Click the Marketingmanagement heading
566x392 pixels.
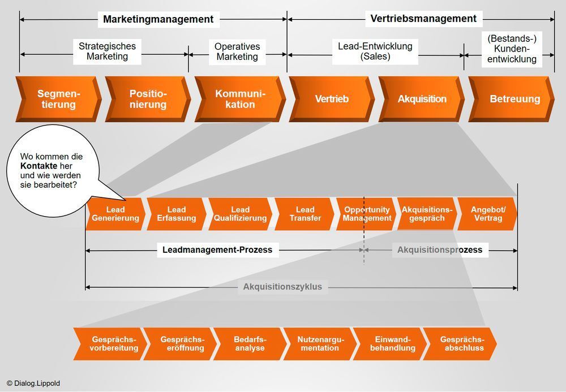(x=158, y=19)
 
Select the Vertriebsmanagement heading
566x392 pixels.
(x=423, y=19)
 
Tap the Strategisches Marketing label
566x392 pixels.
(x=107, y=51)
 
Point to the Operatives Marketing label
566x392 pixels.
(x=237, y=51)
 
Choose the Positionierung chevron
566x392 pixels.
(x=148, y=99)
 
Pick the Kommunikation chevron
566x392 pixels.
(x=240, y=99)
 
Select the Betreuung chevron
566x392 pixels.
(x=514, y=99)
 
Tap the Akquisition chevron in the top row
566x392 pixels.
(x=422, y=99)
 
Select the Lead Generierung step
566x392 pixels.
(x=115, y=214)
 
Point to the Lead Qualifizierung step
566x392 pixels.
(x=240, y=214)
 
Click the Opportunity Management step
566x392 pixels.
(x=367, y=214)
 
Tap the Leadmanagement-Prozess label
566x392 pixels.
(x=217, y=250)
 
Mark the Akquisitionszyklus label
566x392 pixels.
(x=282, y=287)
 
